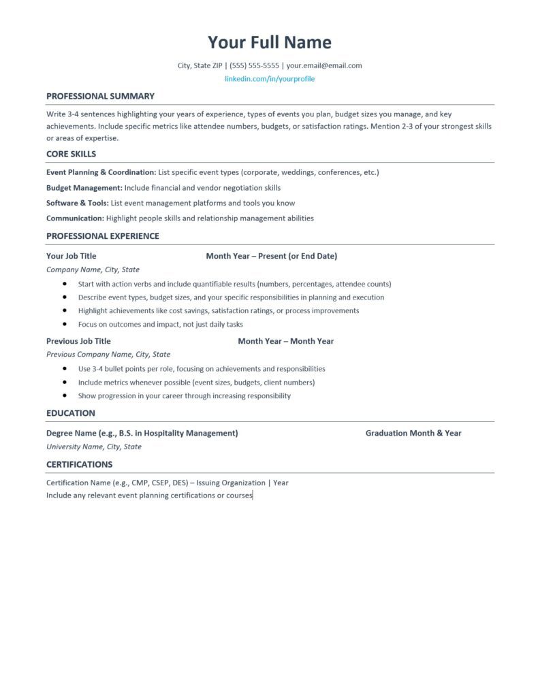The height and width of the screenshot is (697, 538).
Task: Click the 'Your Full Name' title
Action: tap(270, 42)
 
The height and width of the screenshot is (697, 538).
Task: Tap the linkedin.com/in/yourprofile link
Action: tap(270, 79)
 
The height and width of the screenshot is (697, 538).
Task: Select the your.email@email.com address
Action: tap(324, 65)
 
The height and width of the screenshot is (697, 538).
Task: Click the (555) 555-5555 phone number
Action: tap(255, 65)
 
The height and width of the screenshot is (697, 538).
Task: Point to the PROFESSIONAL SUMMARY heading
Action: tap(100, 96)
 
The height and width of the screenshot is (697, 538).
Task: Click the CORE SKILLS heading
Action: tap(71, 154)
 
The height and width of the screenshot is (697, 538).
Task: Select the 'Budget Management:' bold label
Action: tap(84, 187)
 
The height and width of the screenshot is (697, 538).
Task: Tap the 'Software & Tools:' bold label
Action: tap(78, 203)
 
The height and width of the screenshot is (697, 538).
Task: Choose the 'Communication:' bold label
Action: tap(75, 218)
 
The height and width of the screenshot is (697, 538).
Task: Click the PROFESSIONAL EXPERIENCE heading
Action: tap(103, 236)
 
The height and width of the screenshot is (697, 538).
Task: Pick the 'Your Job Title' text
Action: tap(72, 256)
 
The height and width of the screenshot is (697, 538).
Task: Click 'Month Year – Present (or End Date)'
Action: tap(272, 256)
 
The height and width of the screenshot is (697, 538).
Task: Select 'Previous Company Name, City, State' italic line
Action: tap(108, 354)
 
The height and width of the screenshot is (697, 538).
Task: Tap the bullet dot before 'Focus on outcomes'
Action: tap(64, 325)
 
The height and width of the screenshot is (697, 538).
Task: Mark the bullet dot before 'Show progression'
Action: tap(64, 395)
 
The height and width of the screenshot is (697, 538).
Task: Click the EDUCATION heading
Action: tap(71, 413)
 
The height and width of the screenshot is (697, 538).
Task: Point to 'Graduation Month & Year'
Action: tap(413, 433)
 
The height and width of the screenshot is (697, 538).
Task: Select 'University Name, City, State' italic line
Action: tap(94, 447)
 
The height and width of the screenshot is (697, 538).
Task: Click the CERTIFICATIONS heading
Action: tap(79, 464)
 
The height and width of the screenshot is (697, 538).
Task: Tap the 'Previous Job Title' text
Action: tap(78, 341)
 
